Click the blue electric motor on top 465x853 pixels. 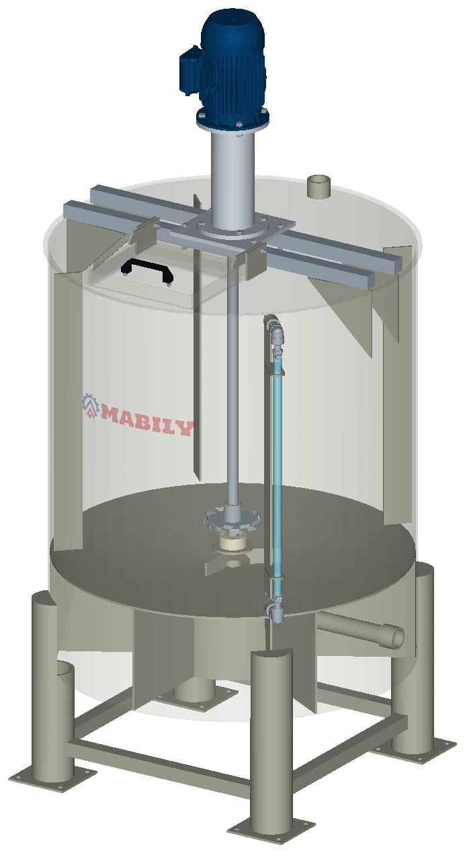(224, 69)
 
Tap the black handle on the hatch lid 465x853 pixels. (147, 269)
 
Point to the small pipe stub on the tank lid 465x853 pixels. (319, 187)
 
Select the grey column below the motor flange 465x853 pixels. (233, 179)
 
